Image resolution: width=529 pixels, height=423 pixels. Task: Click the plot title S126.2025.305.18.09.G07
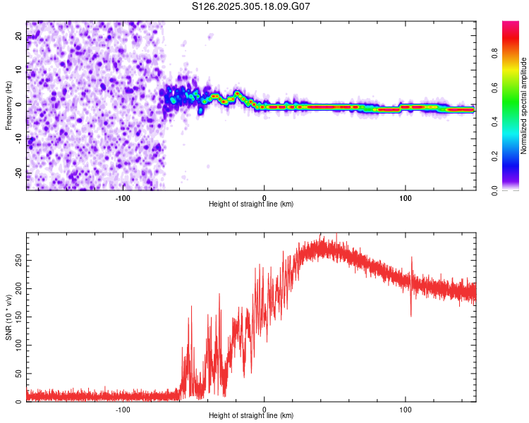(x=250, y=6)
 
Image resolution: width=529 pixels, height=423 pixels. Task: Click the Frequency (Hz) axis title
(x=8, y=106)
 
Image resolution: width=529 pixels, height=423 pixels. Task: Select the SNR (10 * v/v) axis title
(x=8, y=317)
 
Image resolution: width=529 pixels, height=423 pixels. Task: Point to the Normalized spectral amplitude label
(x=523, y=106)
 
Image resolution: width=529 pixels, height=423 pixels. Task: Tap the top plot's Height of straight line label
(x=251, y=204)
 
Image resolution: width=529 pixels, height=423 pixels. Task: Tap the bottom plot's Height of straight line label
(x=251, y=415)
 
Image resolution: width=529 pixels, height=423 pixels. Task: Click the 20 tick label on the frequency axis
(x=18, y=35)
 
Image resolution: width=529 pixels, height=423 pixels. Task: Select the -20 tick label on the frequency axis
(x=18, y=173)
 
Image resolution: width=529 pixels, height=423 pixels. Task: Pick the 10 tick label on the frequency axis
(x=18, y=70)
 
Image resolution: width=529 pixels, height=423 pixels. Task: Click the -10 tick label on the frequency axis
(x=18, y=139)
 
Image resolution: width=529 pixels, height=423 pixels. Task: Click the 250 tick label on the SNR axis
(x=18, y=260)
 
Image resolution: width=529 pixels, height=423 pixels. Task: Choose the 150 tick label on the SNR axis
(x=18, y=317)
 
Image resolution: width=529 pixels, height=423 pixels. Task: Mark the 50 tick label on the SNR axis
(x=18, y=374)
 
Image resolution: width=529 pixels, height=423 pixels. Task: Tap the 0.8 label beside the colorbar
(x=494, y=54)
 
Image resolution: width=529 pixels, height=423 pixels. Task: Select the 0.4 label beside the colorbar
(x=494, y=122)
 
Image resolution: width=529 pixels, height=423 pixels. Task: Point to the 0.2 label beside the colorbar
(x=494, y=157)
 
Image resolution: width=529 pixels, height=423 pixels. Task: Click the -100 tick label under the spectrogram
(x=123, y=198)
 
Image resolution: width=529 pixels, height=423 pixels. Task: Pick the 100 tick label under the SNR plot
(x=405, y=410)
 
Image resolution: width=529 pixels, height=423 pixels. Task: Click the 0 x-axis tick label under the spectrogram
(x=264, y=198)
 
